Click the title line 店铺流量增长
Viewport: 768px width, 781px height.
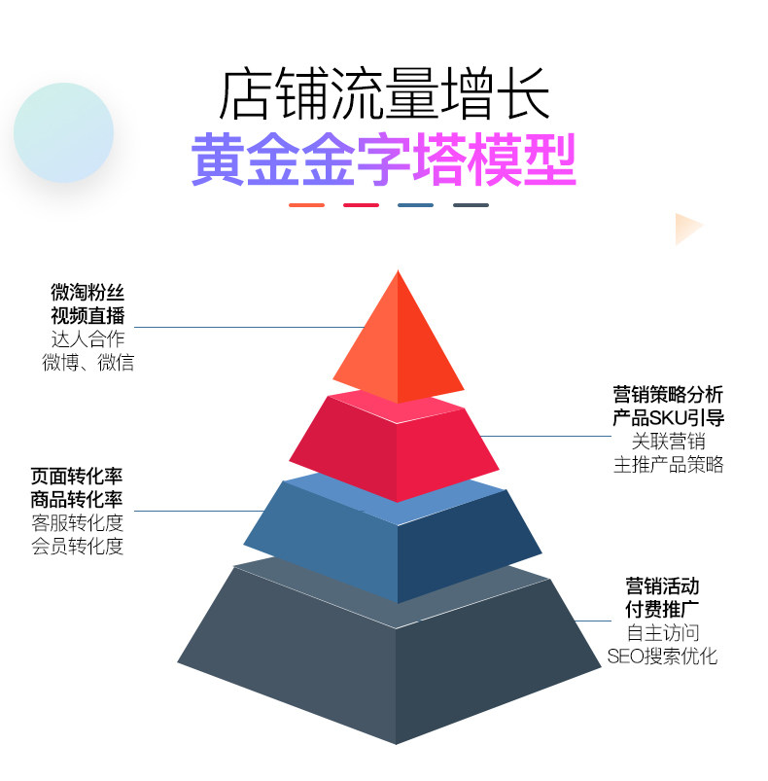[x=384, y=93]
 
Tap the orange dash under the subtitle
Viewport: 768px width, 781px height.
[x=306, y=205]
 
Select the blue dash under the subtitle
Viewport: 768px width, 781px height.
[x=415, y=205]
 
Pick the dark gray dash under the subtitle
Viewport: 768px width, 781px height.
[x=471, y=205]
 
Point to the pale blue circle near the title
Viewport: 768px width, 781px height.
[x=64, y=132]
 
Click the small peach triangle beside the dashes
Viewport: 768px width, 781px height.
[x=687, y=229]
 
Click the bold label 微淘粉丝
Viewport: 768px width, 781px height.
[x=87, y=292]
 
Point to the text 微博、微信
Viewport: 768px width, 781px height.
[x=87, y=363]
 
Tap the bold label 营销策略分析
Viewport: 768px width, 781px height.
[x=668, y=395]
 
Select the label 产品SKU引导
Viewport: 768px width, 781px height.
[x=668, y=418]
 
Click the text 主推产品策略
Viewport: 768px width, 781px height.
[x=668, y=464]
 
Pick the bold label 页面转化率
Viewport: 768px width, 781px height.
[x=77, y=477]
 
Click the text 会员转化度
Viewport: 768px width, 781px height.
[x=77, y=547]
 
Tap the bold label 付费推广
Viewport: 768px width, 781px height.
[x=662, y=610]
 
